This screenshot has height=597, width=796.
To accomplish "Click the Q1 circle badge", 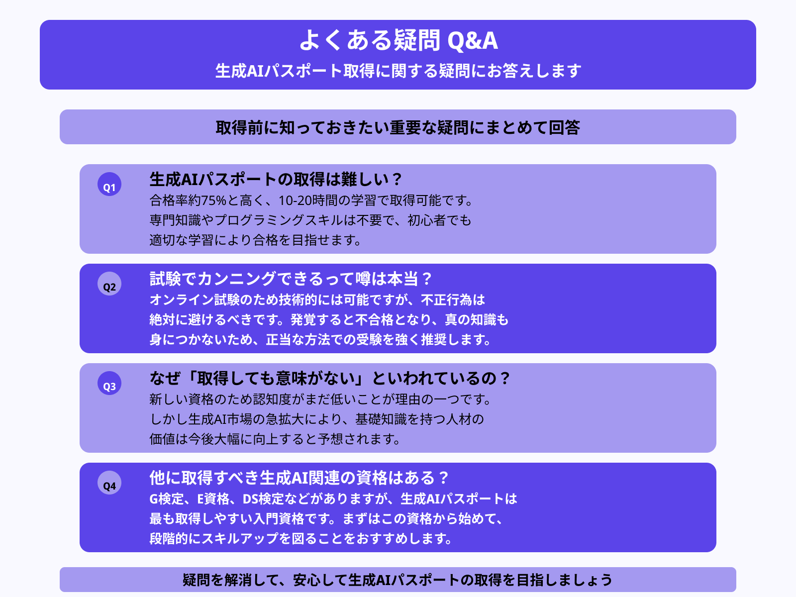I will tap(109, 185).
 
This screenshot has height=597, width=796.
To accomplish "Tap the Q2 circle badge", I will tap(109, 284).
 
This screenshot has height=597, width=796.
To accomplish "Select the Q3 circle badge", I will tap(109, 384).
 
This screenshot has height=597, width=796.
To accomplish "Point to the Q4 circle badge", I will tap(109, 483).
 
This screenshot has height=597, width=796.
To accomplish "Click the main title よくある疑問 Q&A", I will tap(398, 40).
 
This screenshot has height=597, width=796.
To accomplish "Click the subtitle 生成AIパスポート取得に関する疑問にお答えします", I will tap(398, 71).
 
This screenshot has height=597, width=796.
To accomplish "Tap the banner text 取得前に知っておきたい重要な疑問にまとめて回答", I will tap(398, 127).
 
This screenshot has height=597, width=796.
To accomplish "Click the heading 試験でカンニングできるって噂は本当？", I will tap(291, 279).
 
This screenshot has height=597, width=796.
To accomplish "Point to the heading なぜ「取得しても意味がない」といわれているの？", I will tap(329, 378).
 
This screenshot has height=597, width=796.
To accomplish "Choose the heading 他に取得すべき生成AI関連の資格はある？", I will tap(298, 478).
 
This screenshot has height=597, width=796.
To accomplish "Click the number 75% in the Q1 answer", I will tap(214, 200).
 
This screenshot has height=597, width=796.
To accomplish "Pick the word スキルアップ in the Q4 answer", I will tap(233, 539).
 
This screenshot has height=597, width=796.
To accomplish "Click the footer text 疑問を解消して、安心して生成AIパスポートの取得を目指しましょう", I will tap(398, 580).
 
